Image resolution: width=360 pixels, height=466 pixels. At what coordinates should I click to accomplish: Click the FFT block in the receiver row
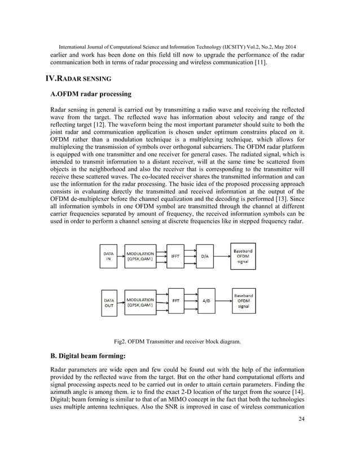tap(177, 301)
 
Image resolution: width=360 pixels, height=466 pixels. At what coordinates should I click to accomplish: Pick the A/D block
tap(207, 301)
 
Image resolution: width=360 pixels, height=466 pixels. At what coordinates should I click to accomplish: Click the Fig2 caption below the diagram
tap(177, 341)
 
